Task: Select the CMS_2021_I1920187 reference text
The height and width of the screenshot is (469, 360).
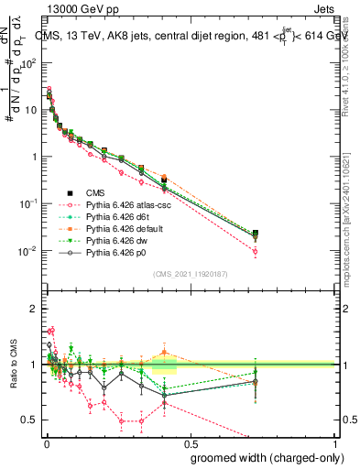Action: coord(191,273)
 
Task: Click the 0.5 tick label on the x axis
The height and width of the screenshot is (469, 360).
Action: coord(189,442)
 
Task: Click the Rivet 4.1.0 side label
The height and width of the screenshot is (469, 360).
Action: coord(350,55)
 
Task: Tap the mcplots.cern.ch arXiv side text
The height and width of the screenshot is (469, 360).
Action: coord(350,197)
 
